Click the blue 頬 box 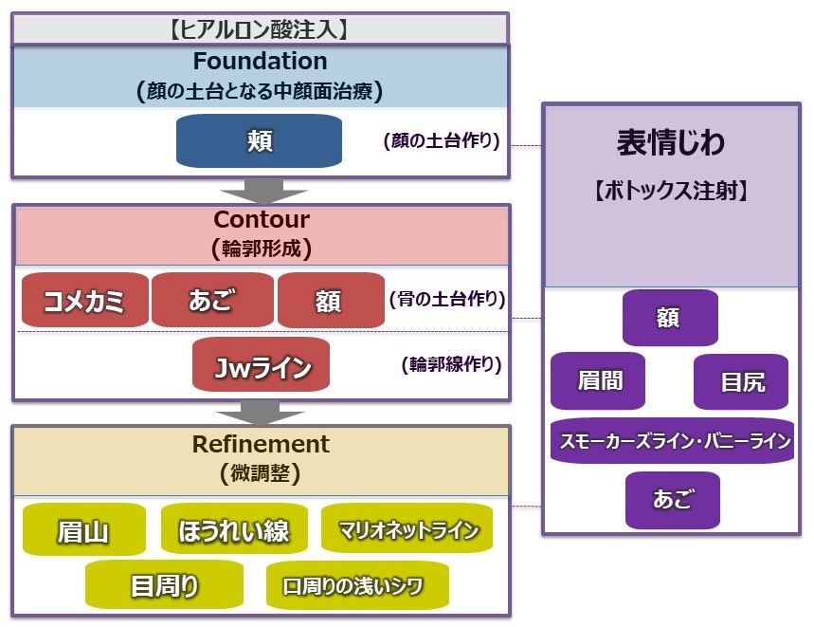pos(259,140)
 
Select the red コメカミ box pos(85,301)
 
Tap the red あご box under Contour pos(212,301)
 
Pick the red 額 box pos(332,301)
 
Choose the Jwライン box pos(262,364)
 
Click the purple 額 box pos(670,318)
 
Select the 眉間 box pos(598,380)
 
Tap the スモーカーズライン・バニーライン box pos(672,441)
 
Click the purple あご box pos(673,500)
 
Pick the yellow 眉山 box pos(84,529)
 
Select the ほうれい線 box pos(234,528)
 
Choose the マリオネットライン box pos(407,528)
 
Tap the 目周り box pos(164,584)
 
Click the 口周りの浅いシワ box pos(357,585)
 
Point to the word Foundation pos(260,62)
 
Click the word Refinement pos(261,444)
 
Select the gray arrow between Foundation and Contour pos(263,191)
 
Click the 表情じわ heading pos(670,143)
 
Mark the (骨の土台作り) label pos(447,299)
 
